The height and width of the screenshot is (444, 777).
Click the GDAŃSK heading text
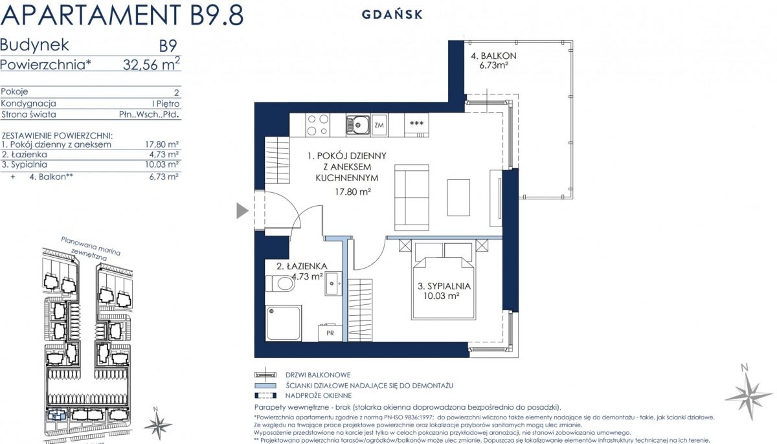(x=392, y=14)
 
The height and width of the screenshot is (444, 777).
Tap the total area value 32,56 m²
(x=152, y=64)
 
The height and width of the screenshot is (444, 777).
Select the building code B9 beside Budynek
(x=168, y=46)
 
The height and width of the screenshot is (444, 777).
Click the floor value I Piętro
(x=166, y=104)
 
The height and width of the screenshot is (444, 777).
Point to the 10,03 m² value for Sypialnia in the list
(x=162, y=164)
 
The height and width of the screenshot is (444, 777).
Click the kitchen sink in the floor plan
(x=358, y=124)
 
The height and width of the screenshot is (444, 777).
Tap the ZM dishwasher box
(x=379, y=124)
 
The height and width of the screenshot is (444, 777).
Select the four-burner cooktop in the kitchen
(x=318, y=124)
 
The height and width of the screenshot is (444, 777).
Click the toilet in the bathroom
(x=280, y=283)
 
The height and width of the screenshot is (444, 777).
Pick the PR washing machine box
(x=330, y=333)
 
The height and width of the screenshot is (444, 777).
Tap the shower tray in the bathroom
(x=284, y=323)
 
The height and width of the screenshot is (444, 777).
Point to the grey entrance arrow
(x=242, y=210)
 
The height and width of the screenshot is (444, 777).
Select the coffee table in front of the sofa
(x=458, y=197)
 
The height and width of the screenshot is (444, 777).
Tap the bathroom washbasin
(x=333, y=283)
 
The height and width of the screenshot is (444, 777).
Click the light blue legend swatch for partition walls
(x=265, y=385)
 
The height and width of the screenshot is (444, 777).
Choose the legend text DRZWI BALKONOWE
(x=318, y=375)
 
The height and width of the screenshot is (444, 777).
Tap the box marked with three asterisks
(x=416, y=124)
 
